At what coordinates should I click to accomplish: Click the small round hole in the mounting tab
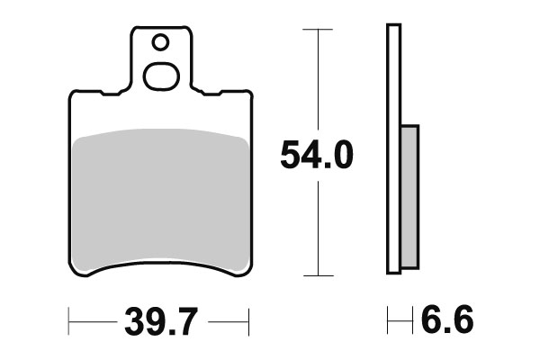coord(160,42)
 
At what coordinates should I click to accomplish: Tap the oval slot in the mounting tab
coord(161,77)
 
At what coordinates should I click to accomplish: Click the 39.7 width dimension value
coord(158,320)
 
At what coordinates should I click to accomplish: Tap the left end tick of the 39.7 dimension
coord(70,320)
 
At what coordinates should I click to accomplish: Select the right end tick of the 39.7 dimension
coord(247,320)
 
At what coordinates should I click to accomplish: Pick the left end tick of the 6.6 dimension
coord(388,320)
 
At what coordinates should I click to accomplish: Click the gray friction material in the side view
coord(409,195)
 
